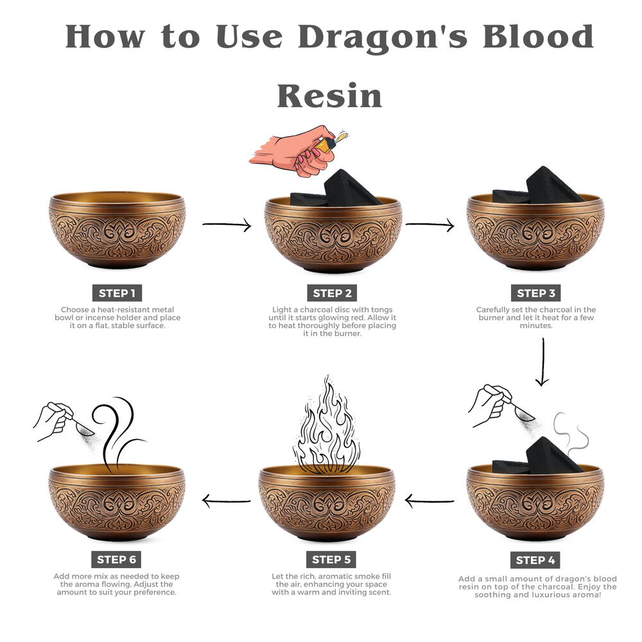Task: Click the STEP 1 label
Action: [117, 293]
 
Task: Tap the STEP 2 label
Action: [332, 293]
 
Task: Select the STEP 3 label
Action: [535, 293]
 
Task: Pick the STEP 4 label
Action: [535, 560]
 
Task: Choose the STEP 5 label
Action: [331, 560]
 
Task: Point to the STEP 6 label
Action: [117, 560]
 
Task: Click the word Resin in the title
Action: [329, 96]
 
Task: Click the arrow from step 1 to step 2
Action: [227, 224]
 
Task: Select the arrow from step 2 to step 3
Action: [430, 224]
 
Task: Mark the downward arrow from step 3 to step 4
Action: [542, 362]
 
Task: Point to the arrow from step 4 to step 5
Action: [429, 500]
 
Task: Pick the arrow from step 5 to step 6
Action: [227, 500]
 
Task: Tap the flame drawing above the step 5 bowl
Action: [326, 426]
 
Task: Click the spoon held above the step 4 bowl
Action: [523, 412]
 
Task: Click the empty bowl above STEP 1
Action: [117, 230]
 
